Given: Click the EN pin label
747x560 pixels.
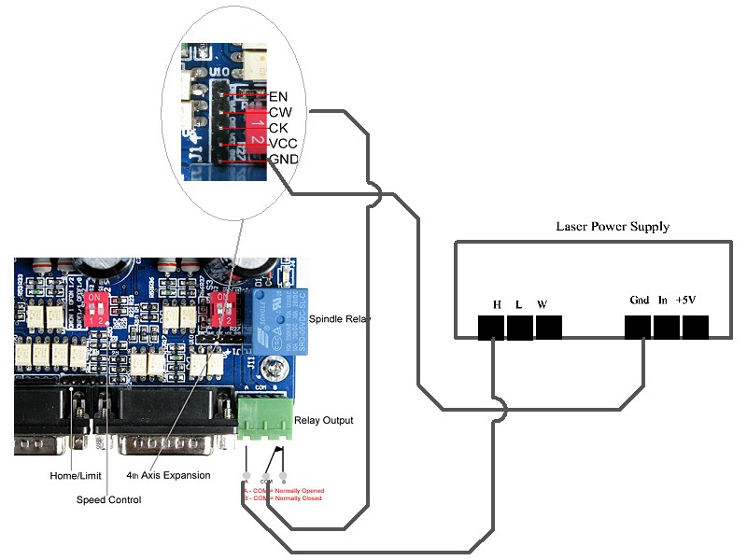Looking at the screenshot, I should point(278,96).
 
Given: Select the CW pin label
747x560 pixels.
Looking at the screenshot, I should point(279,112).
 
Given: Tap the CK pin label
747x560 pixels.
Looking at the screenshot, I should point(278,128).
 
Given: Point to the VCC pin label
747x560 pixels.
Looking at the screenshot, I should point(283,144).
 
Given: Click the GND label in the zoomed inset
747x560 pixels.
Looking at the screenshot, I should point(284,160).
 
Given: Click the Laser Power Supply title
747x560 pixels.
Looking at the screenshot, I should point(612,227).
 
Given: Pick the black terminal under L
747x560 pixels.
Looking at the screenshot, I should point(520,327).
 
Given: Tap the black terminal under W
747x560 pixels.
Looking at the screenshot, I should point(549,327).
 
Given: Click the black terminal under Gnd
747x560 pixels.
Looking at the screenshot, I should point(638,327).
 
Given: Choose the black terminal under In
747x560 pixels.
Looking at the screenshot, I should point(667,327).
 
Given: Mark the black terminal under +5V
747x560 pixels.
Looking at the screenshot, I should point(696,327).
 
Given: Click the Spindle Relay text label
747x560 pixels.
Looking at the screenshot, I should point(339,319).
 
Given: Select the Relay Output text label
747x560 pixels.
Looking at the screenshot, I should point(324,420).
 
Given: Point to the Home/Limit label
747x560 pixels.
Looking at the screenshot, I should point(75,475).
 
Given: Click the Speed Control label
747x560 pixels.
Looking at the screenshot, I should point(108,500).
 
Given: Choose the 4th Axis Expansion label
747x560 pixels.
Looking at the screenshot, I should point(168,475).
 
